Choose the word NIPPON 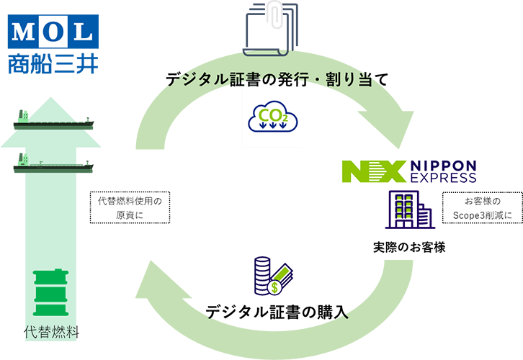click(443, 164)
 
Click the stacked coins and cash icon click(274, 275)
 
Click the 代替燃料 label click(50, 334)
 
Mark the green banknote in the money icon click(284, 272)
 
